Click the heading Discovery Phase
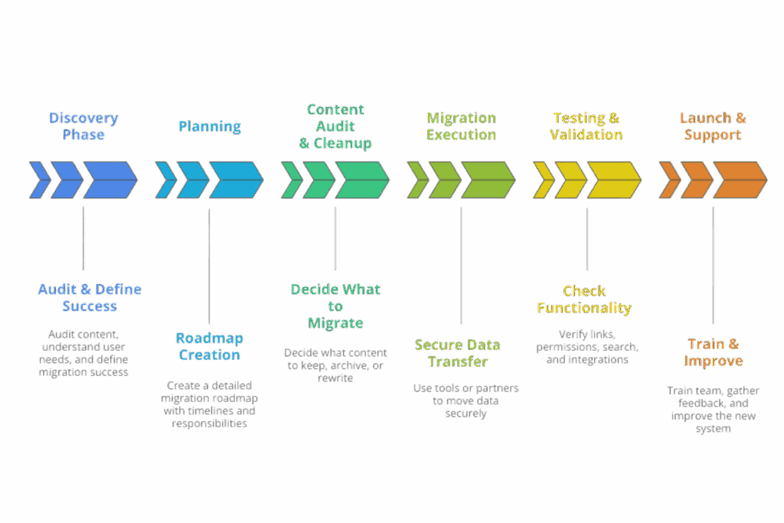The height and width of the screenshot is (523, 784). (x=83, y=126)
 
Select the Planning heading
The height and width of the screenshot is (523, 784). (x=209, y=126)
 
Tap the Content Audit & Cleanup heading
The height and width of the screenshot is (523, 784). (x=335, y=126)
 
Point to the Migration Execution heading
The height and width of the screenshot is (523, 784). (x=461, y=126)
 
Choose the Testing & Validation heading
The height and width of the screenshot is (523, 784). (x=586, y=126)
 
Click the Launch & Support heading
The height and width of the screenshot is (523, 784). (x=712, y=126)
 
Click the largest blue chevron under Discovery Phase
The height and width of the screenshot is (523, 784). (x=109, y=179)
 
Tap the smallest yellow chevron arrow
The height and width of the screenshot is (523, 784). (x=543, y=179)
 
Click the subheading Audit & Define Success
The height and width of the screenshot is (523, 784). (x=90, y=298)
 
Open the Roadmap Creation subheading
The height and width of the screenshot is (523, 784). (x=208, y=346)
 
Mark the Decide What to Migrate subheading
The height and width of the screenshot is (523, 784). (x=335, y=306)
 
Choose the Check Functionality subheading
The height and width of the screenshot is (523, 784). (x=585, y=299)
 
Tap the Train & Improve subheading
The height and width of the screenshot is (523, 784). (x=713, y=352)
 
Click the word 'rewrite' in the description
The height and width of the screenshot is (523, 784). (x=335, y=378)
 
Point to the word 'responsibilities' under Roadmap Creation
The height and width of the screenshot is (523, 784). (x=209, y=423)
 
